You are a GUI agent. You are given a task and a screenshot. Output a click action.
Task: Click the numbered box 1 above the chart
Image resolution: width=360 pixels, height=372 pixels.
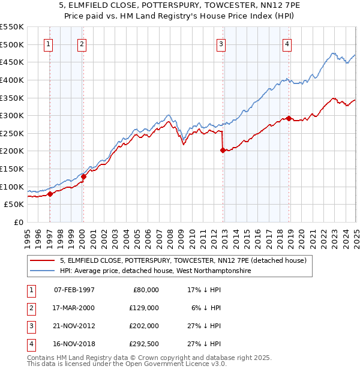pos(47,43)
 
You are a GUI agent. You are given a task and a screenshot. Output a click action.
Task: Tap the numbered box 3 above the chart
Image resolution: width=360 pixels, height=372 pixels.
pos(221,43)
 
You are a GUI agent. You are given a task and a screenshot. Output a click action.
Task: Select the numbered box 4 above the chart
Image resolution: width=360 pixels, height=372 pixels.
pos(287,43)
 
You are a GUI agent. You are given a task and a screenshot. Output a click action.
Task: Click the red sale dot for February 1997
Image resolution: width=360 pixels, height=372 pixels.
pos(50,193)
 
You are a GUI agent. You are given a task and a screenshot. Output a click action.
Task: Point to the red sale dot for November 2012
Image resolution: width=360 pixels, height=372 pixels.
pos(223,151)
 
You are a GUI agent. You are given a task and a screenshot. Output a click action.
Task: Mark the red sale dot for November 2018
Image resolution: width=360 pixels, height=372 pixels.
pos(289,118)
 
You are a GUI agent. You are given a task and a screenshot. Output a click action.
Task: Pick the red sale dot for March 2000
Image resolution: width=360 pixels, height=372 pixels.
pos(84,176)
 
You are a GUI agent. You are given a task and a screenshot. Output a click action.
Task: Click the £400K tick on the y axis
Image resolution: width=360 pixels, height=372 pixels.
pos(12,80)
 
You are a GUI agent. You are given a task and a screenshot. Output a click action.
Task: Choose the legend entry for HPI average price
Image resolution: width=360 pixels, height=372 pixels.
pos(155,271)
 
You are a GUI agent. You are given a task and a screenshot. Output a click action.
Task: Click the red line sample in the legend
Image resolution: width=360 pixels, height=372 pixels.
pos(42,260)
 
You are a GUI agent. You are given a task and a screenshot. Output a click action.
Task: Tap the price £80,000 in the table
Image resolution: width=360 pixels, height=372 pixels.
pos(146,289)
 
